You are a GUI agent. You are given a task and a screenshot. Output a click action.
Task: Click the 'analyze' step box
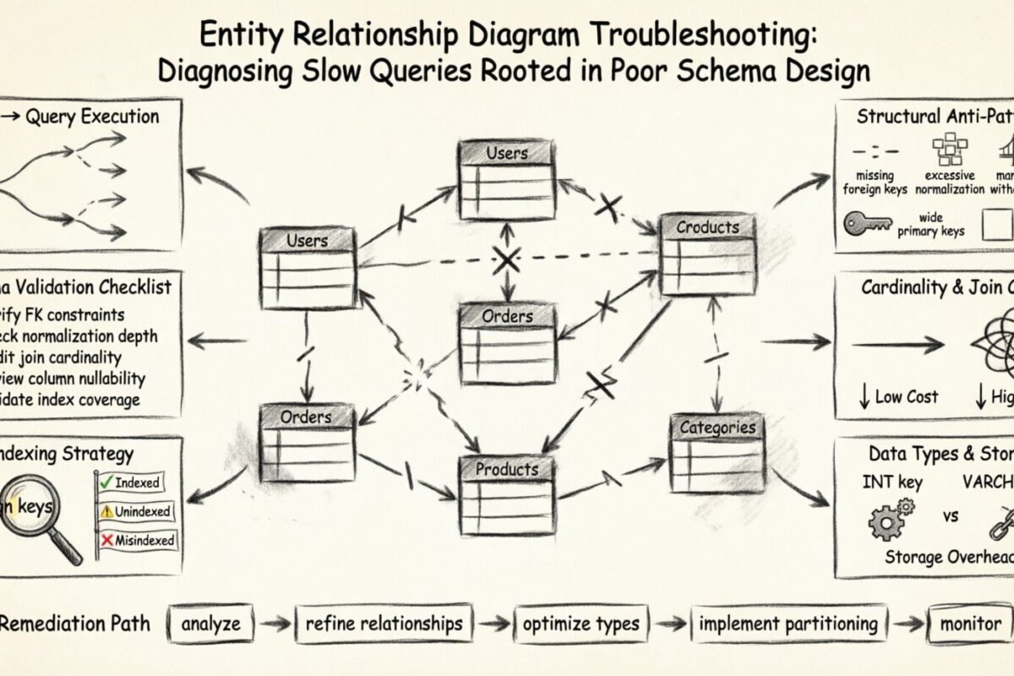click(210, 625)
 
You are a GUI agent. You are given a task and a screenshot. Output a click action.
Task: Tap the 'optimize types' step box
click(581, 625)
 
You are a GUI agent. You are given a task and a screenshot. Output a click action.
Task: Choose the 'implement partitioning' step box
click(788, 625)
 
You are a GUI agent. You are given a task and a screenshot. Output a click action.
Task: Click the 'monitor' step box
click(971, 625)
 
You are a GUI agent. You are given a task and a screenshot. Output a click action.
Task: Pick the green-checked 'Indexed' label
click(130, 482)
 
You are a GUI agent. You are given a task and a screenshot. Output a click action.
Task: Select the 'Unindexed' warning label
click(135, 511)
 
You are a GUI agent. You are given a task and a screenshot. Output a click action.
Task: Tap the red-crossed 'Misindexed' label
click(137, 540)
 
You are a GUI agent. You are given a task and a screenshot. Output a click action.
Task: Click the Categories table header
click(717, 428)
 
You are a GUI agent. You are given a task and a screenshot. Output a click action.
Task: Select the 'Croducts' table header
click(707, 227)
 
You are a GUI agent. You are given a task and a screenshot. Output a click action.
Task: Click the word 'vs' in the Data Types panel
click(950, 515)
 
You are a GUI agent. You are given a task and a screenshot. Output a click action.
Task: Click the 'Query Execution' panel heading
click(91, 117)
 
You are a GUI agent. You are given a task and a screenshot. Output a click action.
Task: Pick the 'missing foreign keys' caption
click(875, 183)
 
